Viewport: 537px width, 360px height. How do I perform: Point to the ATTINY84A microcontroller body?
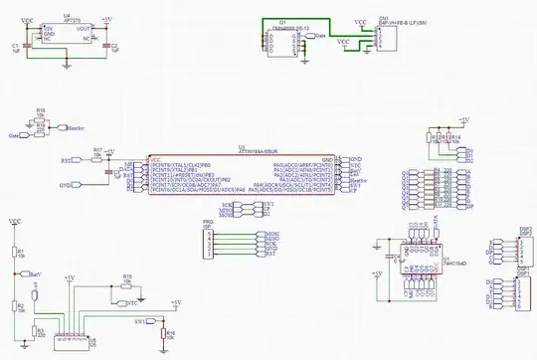[x=241, y=173]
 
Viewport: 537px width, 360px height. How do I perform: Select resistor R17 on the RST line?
[x=97, y=155]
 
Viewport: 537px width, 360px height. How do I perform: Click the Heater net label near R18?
[x=71, y=128]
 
